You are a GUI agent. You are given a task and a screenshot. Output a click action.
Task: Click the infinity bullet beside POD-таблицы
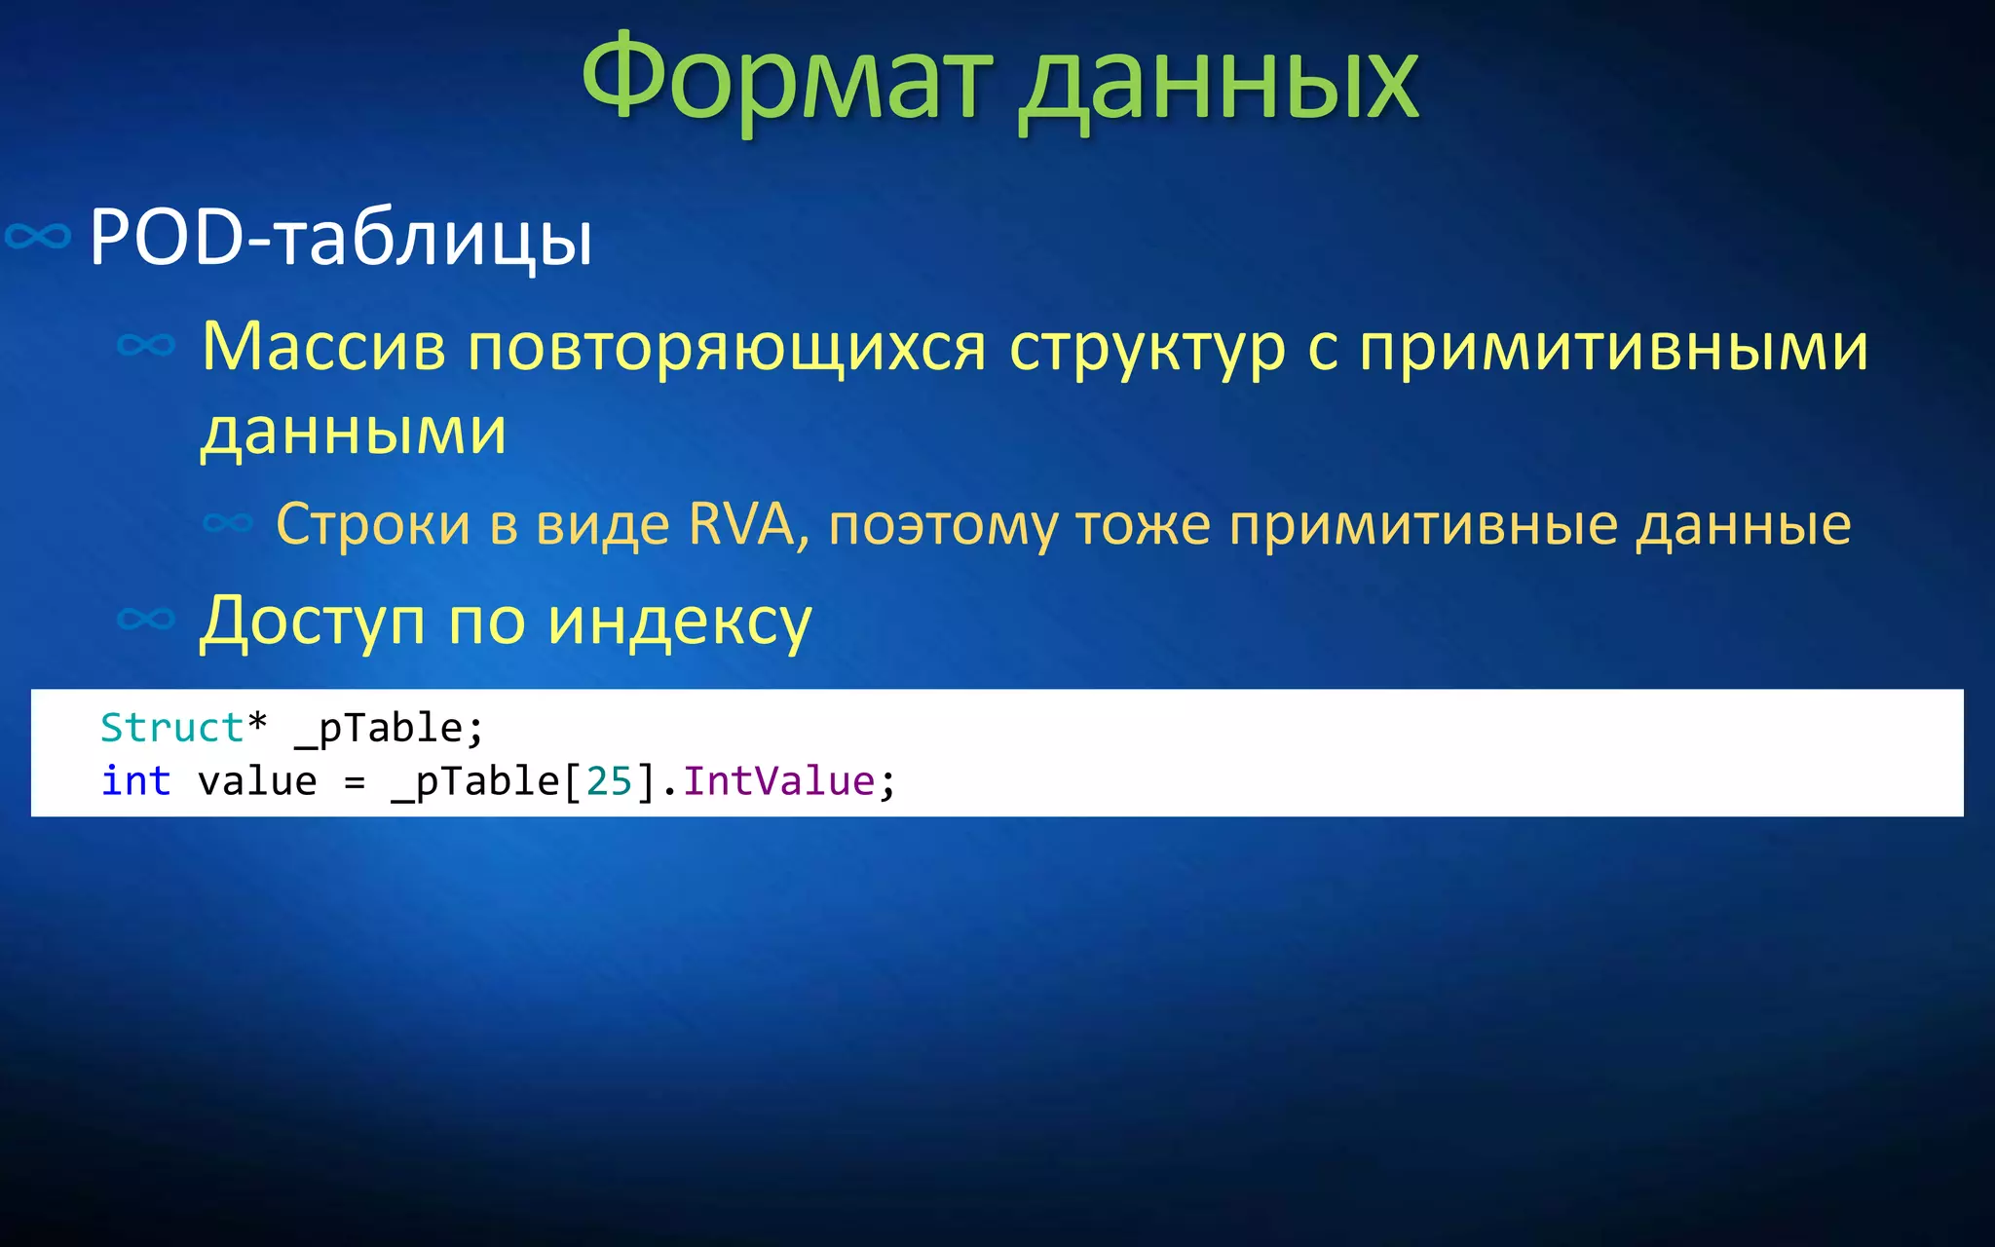click(38, 236)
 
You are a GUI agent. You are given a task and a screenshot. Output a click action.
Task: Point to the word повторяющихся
click(727, 348)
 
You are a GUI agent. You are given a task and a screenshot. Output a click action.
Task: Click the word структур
click(1148, 349)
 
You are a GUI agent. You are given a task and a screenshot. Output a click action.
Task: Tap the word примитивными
click(1613, 348)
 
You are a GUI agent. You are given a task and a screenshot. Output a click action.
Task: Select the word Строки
click(373, 524)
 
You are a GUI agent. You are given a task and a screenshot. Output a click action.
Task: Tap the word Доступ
click(312, 622)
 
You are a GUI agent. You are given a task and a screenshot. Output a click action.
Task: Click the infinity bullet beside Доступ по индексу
click(145, 619)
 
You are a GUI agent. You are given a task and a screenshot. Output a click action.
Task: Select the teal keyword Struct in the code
click(171, 728)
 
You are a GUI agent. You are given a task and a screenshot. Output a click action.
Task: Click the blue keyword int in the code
click(135, 781)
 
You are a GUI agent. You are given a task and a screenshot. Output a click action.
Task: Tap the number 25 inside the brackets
click(609, 781)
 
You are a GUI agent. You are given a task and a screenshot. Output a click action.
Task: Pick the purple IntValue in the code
click(778, 781)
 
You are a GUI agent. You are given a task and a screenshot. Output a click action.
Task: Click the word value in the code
click(257, 781)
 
